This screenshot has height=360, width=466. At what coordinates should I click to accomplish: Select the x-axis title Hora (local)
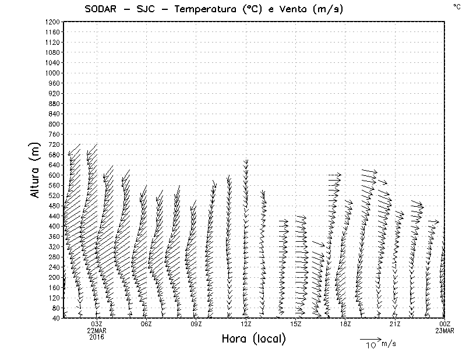253,338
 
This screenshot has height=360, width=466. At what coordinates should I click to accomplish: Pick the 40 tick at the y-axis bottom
56,317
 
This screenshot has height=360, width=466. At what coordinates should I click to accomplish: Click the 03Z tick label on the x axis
97,324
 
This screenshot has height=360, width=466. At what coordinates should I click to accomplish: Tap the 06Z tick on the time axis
146,324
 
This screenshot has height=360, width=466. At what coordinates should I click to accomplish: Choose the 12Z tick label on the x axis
246,324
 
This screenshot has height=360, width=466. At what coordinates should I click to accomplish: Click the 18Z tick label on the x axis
345,324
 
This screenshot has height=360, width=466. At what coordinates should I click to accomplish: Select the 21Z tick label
395,324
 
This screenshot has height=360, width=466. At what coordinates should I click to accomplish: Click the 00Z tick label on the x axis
444,324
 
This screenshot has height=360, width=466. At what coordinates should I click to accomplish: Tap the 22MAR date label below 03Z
97,330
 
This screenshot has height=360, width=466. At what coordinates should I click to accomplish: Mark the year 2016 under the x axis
97,337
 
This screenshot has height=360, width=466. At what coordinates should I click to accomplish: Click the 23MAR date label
444,330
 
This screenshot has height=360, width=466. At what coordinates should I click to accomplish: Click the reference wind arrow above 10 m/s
370,338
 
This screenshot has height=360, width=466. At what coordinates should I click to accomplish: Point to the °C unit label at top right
456,6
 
